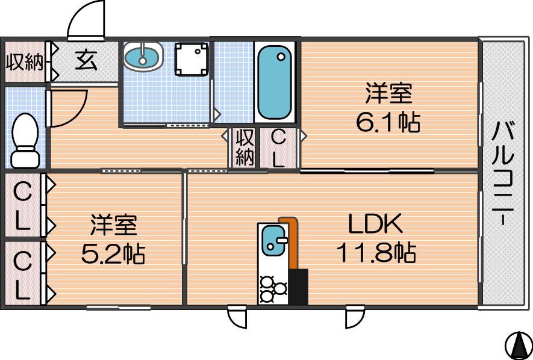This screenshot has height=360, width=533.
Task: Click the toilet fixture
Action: (x=25, y=141)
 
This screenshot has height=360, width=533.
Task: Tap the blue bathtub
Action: (x=274, y=82)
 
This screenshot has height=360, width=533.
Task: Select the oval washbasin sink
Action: (x=143, y=57)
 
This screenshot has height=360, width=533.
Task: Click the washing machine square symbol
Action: (x=192, y=59)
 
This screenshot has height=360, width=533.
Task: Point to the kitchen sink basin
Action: (x=273, y=240)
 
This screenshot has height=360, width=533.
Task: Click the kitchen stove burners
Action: (x=273, y=290)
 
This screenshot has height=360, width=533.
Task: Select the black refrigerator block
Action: (x=298, y=287)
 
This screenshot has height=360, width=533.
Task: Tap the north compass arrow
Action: (x=519, y=343)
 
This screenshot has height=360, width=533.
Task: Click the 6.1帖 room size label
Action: (x=388, y=122)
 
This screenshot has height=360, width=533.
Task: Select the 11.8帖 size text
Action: (x=376, y=252)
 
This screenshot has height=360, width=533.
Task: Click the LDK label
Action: (x=376, y=223)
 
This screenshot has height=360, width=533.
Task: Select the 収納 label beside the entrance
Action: (x=25, y=62)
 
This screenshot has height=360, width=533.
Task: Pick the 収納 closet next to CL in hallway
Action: (x=245, y=147)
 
